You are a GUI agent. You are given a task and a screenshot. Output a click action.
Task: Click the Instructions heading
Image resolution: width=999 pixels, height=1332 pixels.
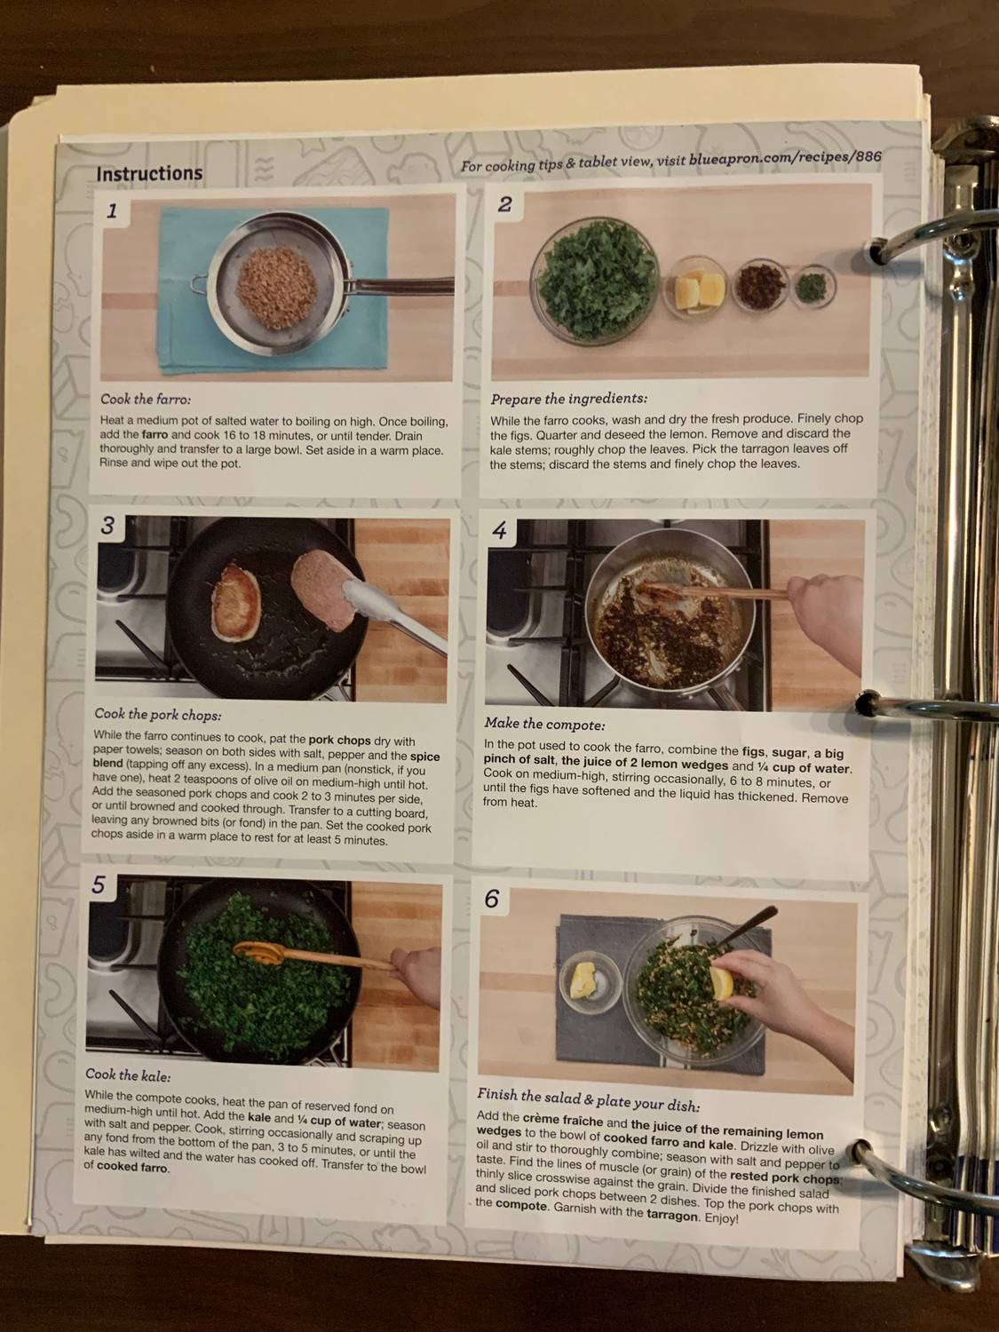pos(149,174)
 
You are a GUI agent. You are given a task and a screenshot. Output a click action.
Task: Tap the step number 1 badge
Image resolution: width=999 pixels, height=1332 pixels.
pos(112,211)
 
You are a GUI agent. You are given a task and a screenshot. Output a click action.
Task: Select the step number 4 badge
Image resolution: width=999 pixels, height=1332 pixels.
pos(500,531)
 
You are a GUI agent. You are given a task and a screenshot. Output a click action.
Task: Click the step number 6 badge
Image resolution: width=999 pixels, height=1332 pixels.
pos(491,900)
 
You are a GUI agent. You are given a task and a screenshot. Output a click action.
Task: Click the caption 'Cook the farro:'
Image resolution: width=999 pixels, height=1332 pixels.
pos(146,399)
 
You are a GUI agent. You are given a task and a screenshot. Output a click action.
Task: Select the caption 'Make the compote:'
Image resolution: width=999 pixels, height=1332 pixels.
pos(544,724)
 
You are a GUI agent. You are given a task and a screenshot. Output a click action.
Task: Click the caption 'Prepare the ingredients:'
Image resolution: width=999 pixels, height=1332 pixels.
pos(568,399)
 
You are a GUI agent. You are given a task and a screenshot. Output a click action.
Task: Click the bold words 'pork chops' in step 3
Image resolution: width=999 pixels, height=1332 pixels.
pos(339,740)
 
